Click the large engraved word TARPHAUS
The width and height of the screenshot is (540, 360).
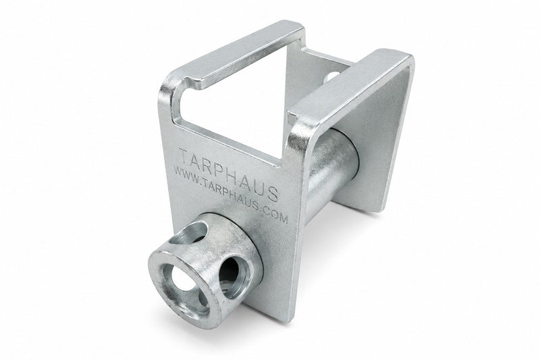coord(229,174)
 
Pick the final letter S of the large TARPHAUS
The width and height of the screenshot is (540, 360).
coord(272,195)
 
